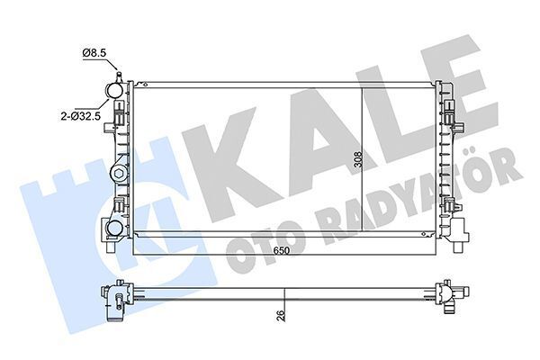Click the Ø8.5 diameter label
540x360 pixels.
click(94, 54)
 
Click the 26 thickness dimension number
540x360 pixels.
click(281, 315)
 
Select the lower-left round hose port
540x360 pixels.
click(114, 229)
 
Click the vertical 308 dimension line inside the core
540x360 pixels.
click(361, 162)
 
